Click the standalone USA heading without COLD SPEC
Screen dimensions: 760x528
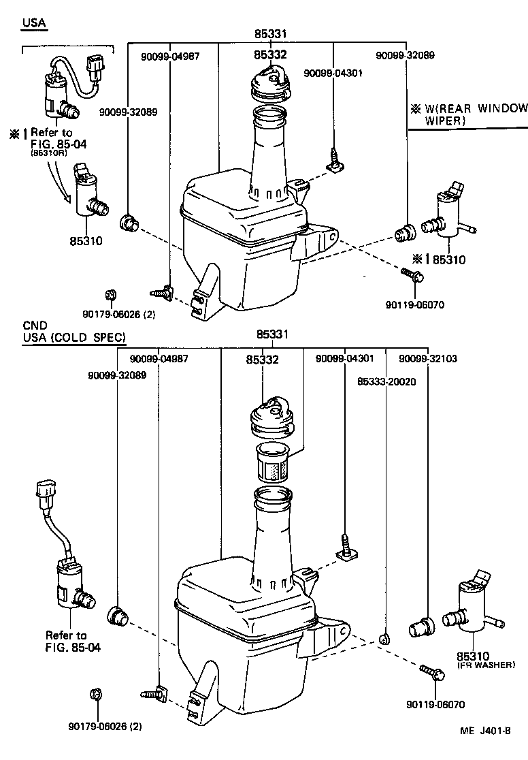click(34, 22)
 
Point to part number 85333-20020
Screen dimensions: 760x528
click(386, 382)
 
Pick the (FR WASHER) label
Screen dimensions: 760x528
click(485, 665)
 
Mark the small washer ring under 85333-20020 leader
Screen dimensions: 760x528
click(384, 638)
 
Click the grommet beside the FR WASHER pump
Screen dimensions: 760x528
click(422, 624)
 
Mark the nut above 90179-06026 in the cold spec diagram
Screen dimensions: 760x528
click(95, 696)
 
